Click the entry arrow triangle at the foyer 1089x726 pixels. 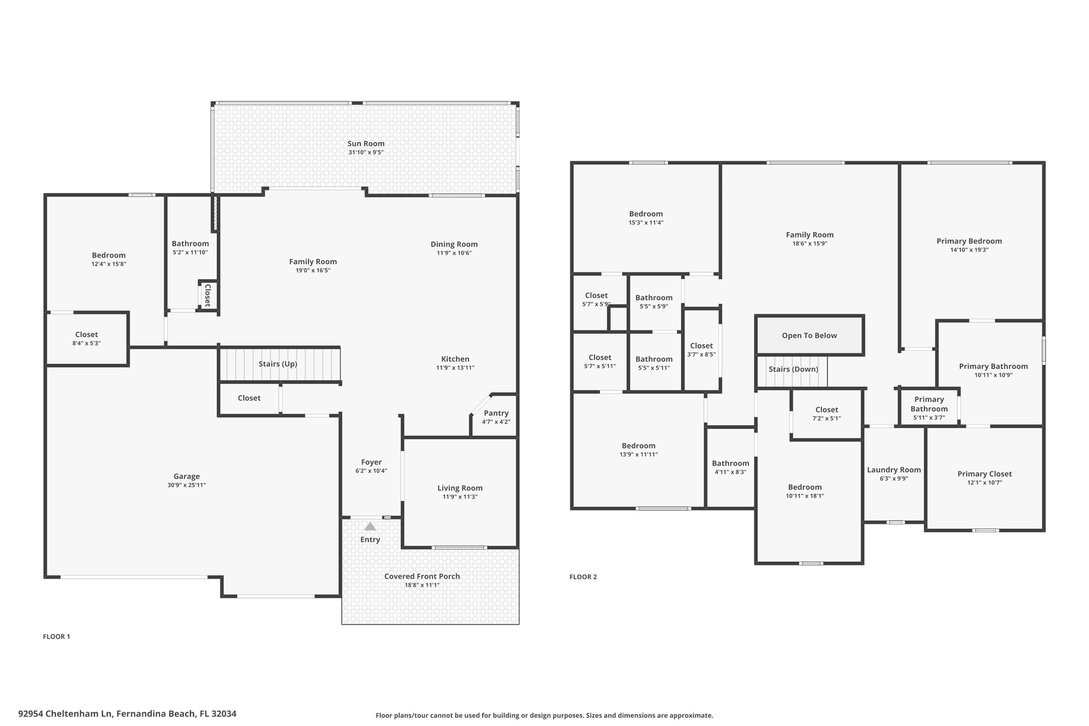pyautogui.click(x=370, y=526)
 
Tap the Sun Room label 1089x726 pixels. pyautogui.click(x=366, y=143)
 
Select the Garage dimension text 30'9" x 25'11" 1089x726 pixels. pyautogui.click(x=186, y=485)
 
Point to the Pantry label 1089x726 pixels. pyautogui.click(x=496, y=413)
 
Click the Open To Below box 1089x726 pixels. pyautogui.click(x=809, y=335)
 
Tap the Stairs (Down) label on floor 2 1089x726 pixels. pyautogui.click(x=793, y=369)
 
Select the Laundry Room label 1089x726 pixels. pyautogui.click(x=894, y=470)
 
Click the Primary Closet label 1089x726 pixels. pyautogui.click(x=984, y=473)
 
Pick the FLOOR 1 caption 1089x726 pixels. pyautogui.click(x=57, y=636)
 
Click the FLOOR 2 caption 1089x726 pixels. pyautogui.click(x=583, y=577)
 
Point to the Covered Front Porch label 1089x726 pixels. pyautogui.click(x=422, y=576)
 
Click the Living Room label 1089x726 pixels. pyautogui.click(x=459, y=488)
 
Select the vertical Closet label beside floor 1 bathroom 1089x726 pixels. pyautogui.click(x=208, y=295)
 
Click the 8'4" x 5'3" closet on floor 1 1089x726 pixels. pyautogui.click(x=87, y=339)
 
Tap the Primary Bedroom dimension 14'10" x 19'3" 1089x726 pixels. pyautogui.click(x=969, y=250)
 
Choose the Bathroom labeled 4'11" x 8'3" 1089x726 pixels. pyautogui.click(x=730, y=467)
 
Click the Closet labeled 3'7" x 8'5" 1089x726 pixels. pyautogui.click(x=701, y=349)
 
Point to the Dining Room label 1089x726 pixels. pyautogui.click(x=454, y=244)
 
